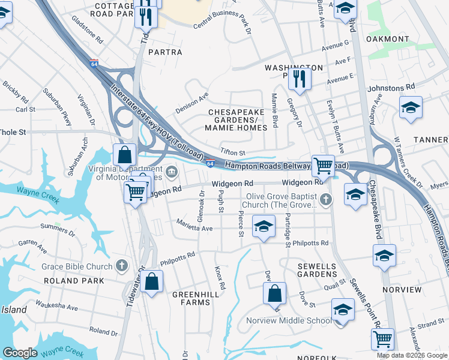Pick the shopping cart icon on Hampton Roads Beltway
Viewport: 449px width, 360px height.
[323, 164]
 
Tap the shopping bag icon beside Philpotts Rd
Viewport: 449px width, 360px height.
[152, 281]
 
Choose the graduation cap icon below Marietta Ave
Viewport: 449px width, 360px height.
[262, 226]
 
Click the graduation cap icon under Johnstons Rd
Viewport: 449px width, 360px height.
[411, 107]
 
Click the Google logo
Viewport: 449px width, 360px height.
[20, 353]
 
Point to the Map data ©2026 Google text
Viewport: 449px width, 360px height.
[412, 355]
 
